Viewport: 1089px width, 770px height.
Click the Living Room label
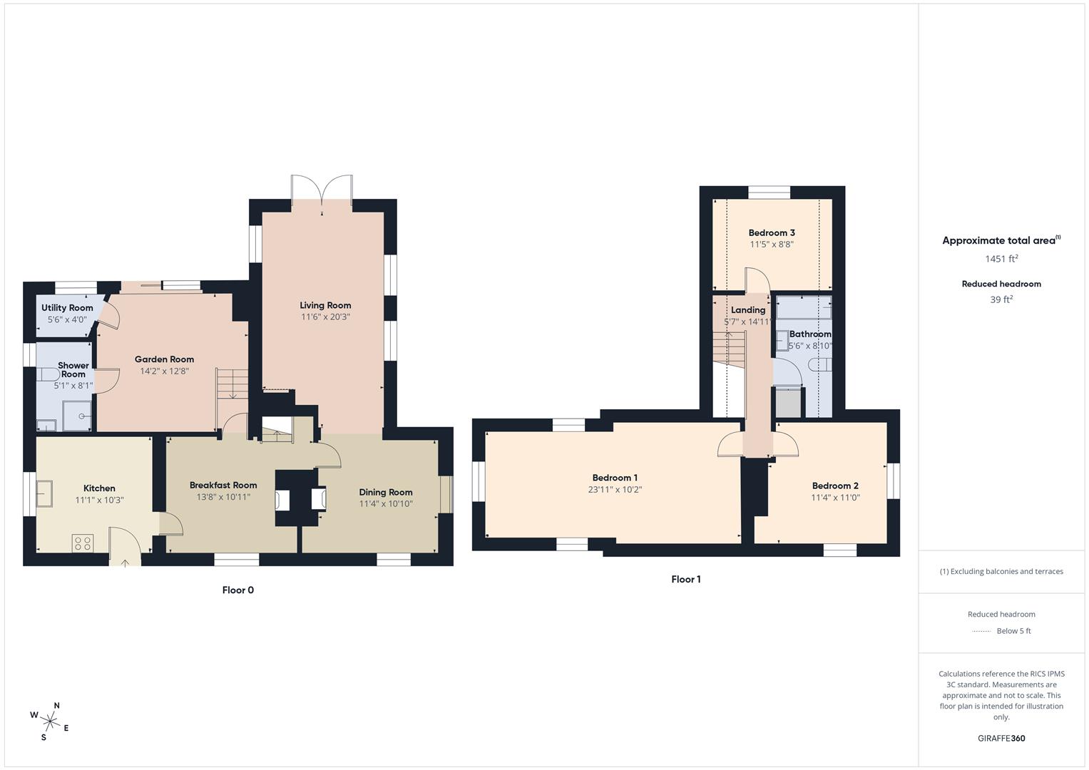tap(325, 305)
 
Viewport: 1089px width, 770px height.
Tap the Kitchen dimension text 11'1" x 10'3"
tap(99, 500)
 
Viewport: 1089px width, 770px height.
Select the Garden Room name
tap(164, 359)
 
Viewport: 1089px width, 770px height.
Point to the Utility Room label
tap(67, 308)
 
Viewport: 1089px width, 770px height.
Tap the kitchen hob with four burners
tap(83, 543)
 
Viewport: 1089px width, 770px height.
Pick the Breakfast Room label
tap(223, 485)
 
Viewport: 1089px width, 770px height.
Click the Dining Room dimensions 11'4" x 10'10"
tap(386, 504)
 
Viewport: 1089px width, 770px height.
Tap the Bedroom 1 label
tap(615, 478)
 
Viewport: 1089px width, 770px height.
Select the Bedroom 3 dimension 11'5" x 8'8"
tap(772, 245)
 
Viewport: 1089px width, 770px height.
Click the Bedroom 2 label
tap(835, 486)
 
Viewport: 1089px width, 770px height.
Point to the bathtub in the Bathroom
tap(804, 308)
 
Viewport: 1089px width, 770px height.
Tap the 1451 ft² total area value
tap(1001, 259)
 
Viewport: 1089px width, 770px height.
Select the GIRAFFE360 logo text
tap(1001, 739)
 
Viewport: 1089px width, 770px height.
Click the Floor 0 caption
tap(237, 590)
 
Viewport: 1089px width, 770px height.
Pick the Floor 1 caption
tap(686, 580)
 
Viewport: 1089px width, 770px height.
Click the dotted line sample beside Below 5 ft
tap(981, 631)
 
